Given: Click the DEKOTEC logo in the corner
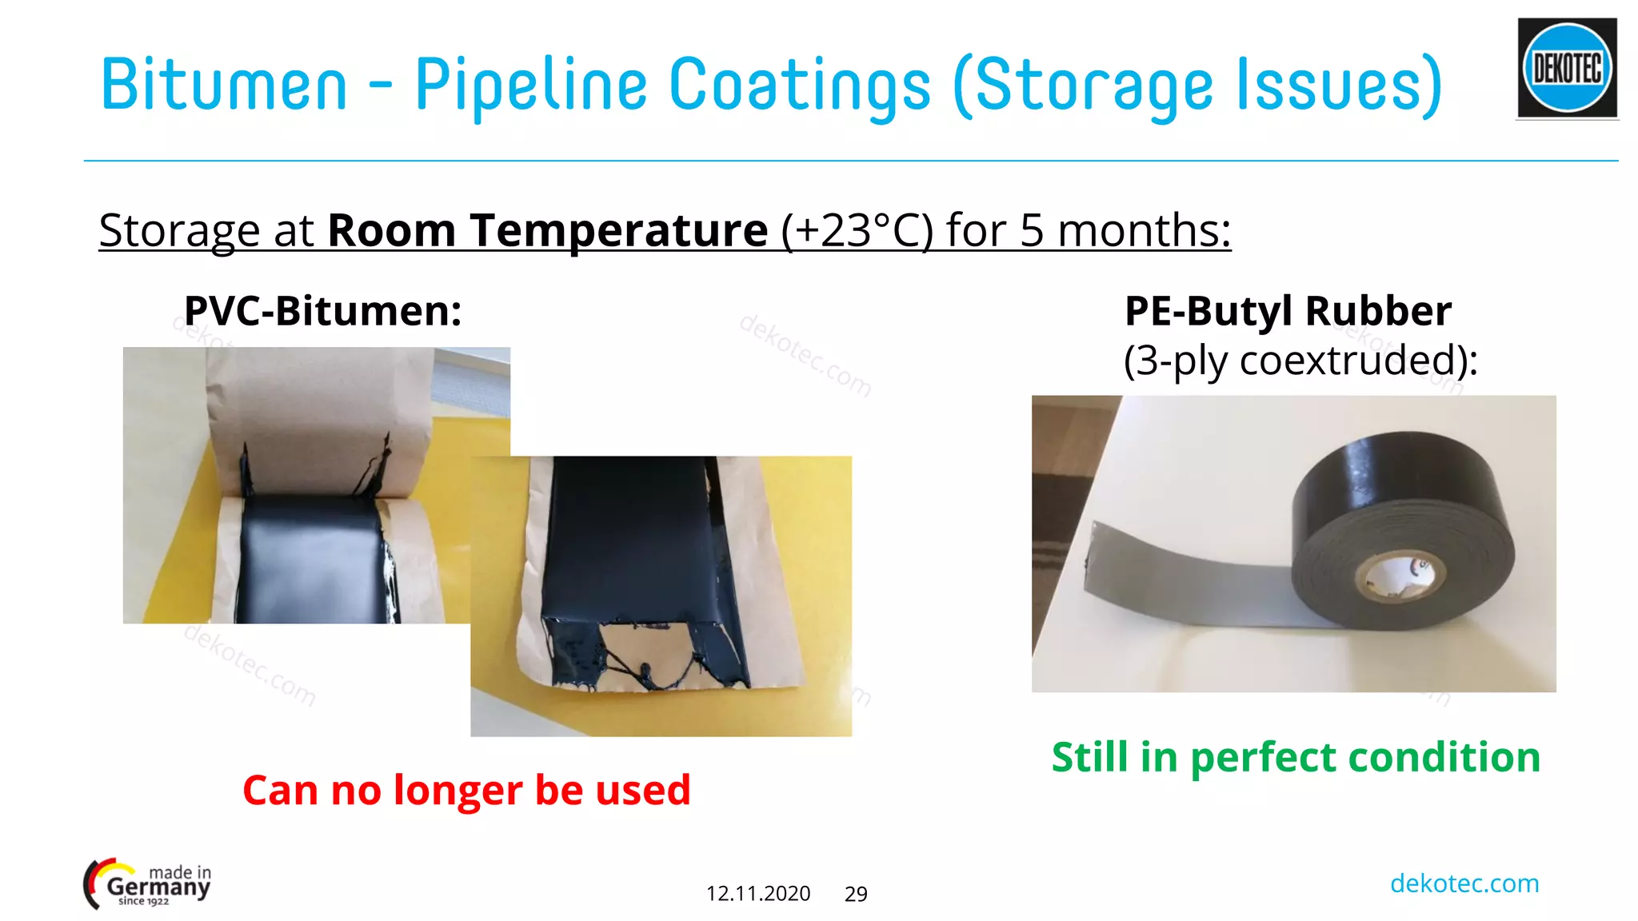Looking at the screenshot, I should point(1567,68).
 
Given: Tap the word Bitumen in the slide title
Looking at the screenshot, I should point(224,85).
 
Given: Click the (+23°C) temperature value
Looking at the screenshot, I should point(857,231).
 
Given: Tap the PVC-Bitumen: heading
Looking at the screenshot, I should point(323,311).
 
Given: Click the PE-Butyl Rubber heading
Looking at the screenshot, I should point(1288,311).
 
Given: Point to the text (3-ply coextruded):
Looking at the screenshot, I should point(1300,361).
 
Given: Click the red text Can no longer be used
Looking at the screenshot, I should point(466,790).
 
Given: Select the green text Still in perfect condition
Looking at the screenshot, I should point(1296,757).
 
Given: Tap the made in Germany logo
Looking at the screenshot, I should point(148,884).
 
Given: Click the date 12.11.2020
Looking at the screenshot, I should point(758,894).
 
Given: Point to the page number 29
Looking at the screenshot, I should point(856,894).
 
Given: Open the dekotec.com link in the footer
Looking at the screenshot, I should point(1464,883).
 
